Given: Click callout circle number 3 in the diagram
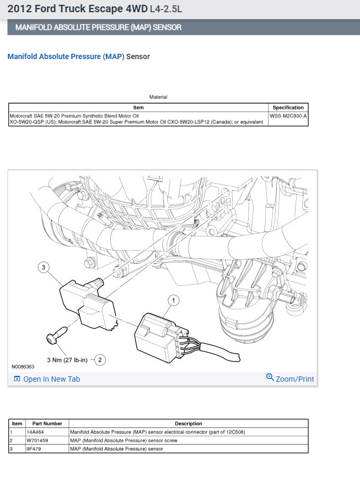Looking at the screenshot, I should point(44,267).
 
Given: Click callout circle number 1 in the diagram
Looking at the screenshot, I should point(173,300).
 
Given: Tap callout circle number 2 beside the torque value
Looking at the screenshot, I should point(99,360).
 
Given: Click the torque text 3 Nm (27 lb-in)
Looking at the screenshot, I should point(66,360).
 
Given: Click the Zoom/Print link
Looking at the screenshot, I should point(290,379).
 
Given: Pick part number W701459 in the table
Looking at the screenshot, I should point(37,440).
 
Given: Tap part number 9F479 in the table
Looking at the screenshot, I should point(34,449).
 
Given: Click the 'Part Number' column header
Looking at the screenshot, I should point(47,423).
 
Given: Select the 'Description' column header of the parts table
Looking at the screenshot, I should point(189,423).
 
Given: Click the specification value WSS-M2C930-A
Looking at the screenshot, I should point(288,115).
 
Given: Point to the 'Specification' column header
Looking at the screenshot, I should point(288,108).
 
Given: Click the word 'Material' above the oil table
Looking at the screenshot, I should point(158,97).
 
